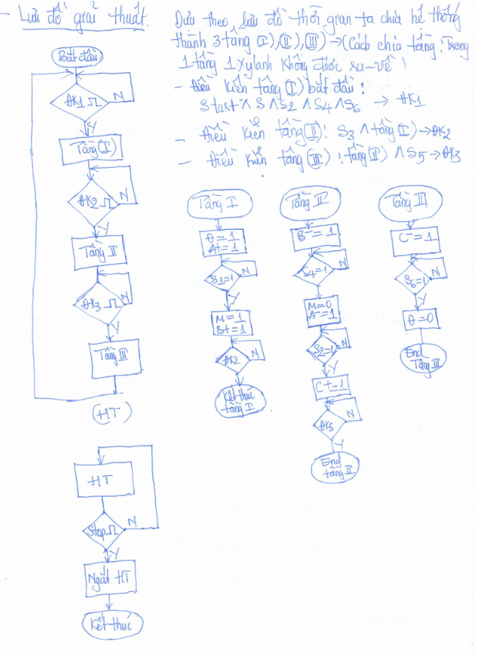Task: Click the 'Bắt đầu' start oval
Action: click(78, 56)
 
